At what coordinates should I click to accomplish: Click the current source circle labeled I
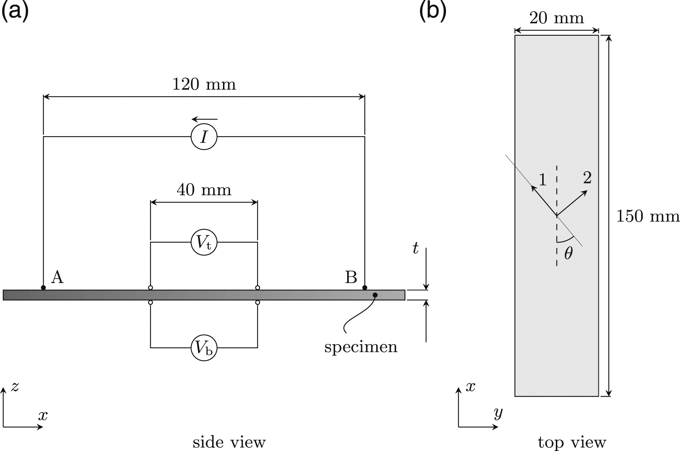pyautogui.click(x=204, y=137)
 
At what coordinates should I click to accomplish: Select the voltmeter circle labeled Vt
pyautogui.click(x=204, y=242)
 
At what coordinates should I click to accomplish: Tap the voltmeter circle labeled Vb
pyautogui.click(x=204, y=347)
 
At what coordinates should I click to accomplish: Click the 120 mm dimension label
pyautogui.click(x=204, y=84)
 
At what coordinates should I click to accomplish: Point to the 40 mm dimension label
pyautogui.click(x=204, y=190)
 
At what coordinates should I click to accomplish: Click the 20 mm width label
pyautogui.click(x=556, y=18)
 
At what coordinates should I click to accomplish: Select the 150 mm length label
pyautogui.click(x=647, y=216)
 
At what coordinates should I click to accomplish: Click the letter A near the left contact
pyautogui.click(x=57, y=277)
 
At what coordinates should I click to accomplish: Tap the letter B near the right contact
pyautogui.click(x=351, y=277)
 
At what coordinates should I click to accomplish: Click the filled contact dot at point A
pyautogui.click(x=43, y=288)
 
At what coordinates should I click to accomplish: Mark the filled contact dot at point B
pyautogui.click(x=365, y=288)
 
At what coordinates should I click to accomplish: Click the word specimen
pyautogui.click(x=361, y=347)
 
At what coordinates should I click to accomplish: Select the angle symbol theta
pyautogui.click(x=568, y=253)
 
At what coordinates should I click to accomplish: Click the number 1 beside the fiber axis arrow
pyautogui.click(x=543, y=179)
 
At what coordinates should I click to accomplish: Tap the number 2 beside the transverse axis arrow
pyautogui.click(x=587, y=178)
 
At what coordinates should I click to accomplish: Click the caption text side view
pyautogui.click(x=229, y=442)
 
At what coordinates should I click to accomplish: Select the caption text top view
pyautogui.click(x=572, y=442)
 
